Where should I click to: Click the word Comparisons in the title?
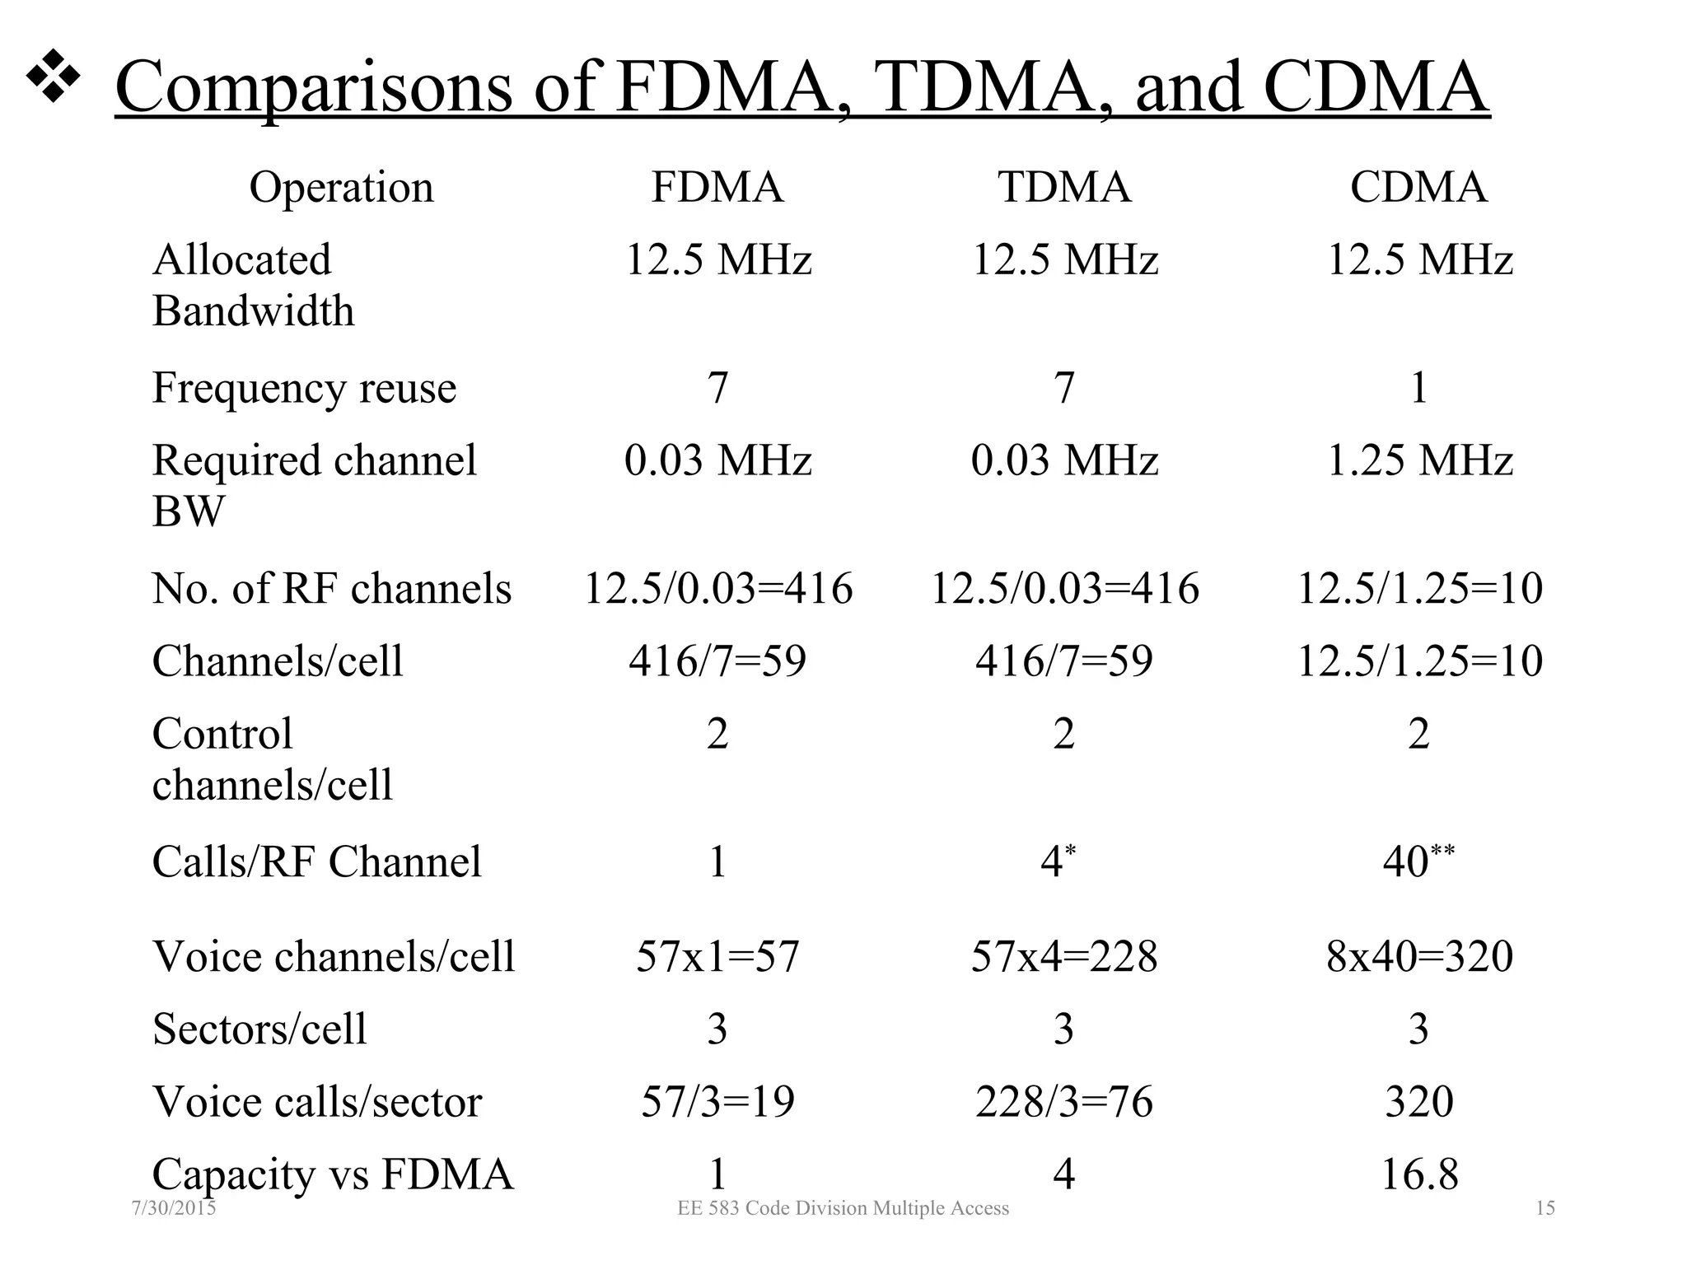pos(313,87)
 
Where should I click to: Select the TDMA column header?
pos(1064,187)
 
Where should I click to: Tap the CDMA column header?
pos(1418,187)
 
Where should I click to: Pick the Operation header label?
pos(341,187)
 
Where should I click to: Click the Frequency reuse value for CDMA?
pos(1418,387)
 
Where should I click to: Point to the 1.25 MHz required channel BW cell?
pos(1418,460)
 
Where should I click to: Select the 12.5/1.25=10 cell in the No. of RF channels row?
pos(1418,588)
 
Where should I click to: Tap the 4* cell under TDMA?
pos(1058,861)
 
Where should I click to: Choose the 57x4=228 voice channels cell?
pos(1064,956)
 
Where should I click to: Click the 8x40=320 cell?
pos(1418,956)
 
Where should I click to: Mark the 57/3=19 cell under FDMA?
pos(717,1101)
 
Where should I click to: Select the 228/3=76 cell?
pos(1064,1101)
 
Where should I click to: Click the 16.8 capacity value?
pos(1418,1174)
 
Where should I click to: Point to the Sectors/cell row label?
pos(259,1029)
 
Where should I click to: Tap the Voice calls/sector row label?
pos(317,1101)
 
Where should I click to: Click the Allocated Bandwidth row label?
pos(253,285)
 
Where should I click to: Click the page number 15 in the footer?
pos(1545,1208)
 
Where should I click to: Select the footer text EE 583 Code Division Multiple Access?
pos(843,1208)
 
